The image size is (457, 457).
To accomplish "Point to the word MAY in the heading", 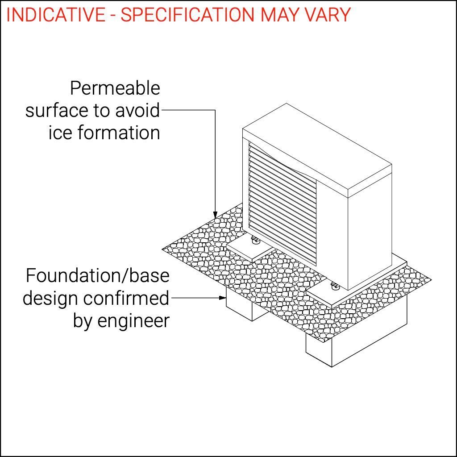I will [276, 15].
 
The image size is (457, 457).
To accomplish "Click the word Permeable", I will [115, 88].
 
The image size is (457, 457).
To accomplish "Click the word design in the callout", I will [50, 298].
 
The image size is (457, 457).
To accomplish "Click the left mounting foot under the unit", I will [255, 242].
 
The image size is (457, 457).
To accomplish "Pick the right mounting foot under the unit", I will [334, 285].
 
